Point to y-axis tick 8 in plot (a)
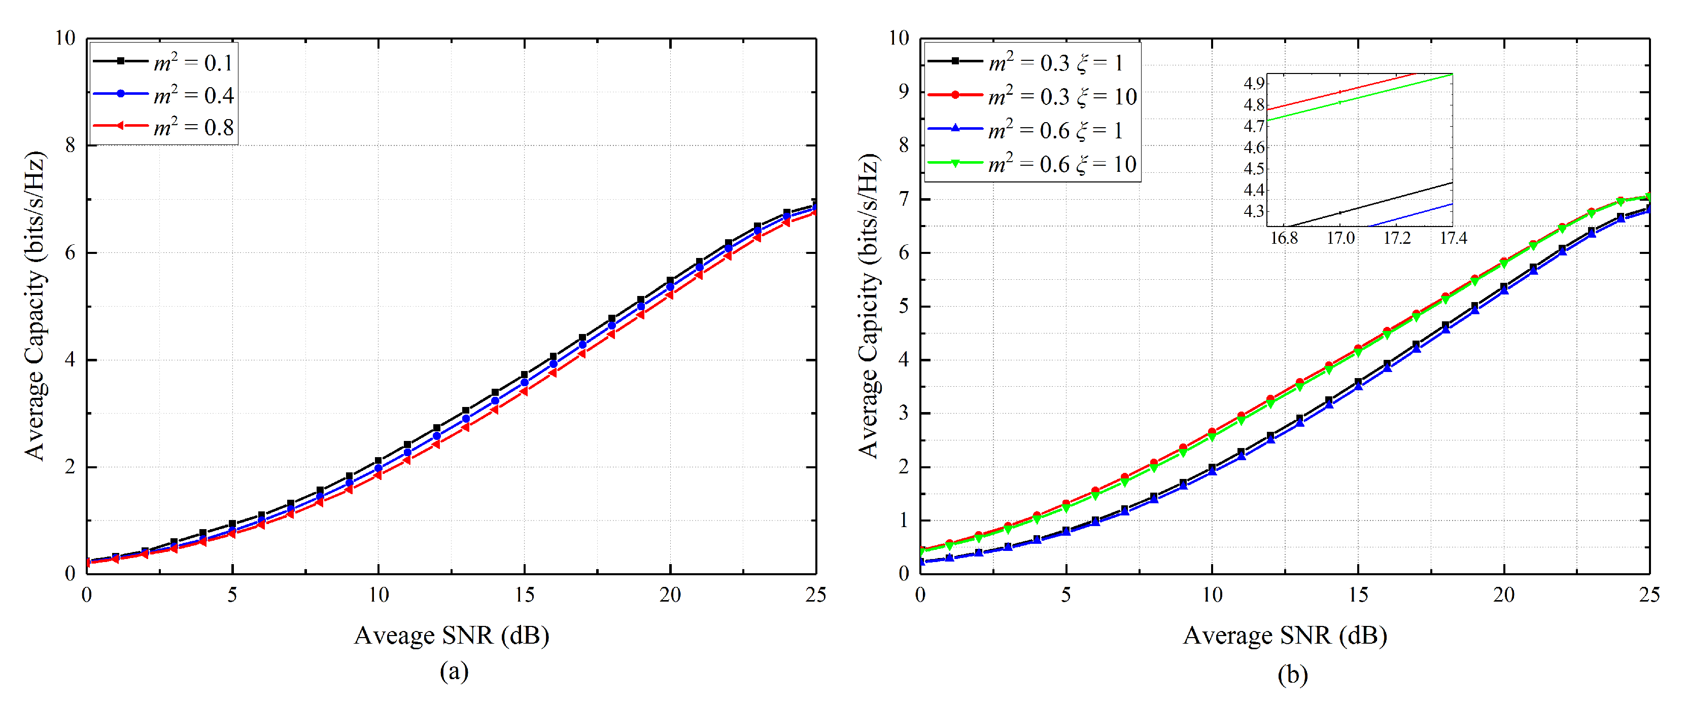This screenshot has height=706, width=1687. click(70, 145)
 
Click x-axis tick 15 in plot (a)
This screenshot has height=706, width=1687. click(524, 595)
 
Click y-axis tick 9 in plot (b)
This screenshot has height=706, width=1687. click(904, 92)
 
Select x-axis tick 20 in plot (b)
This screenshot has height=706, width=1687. click(1504, 595)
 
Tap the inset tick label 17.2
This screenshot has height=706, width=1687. click(1396, 238)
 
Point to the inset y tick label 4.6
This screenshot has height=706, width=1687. click(1254, 147)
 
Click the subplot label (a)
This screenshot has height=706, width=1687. click(454, 672)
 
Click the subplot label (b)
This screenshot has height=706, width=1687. click(1292, 674)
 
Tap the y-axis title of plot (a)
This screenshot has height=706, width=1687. click(36, 306)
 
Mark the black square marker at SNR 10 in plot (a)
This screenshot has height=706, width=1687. click(378, 461)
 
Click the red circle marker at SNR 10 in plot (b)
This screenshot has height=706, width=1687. click(1212, 432)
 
